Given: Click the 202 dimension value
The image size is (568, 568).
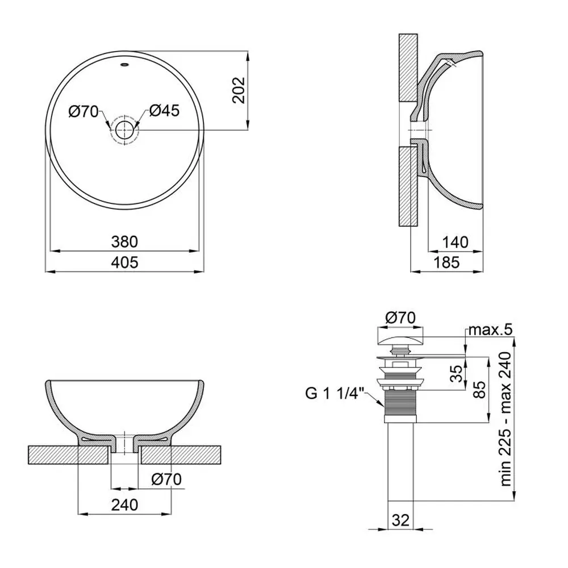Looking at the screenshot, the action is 239,90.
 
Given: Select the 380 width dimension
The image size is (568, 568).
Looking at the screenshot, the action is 124,241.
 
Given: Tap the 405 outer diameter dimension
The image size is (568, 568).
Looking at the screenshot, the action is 124,262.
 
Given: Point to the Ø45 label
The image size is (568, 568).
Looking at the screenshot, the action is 164,111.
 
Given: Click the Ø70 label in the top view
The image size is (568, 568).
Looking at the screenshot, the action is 83,111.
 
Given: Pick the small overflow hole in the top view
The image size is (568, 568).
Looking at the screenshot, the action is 124,65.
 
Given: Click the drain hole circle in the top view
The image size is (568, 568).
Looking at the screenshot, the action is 124,130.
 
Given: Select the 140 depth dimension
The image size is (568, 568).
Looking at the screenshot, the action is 456,242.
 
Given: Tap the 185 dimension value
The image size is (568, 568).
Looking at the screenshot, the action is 446,262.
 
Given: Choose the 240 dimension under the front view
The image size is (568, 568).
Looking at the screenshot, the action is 124,504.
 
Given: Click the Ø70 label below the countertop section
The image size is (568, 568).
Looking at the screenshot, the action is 166,479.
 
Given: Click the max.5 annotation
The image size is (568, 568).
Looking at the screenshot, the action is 491,329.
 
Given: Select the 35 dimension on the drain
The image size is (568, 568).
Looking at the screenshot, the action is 457,374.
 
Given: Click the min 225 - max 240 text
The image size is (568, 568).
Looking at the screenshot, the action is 506,419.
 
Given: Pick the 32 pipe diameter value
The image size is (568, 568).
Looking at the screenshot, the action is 400,520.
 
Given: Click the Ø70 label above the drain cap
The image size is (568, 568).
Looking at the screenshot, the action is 400,318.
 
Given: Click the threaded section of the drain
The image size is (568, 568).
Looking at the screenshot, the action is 400,403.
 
